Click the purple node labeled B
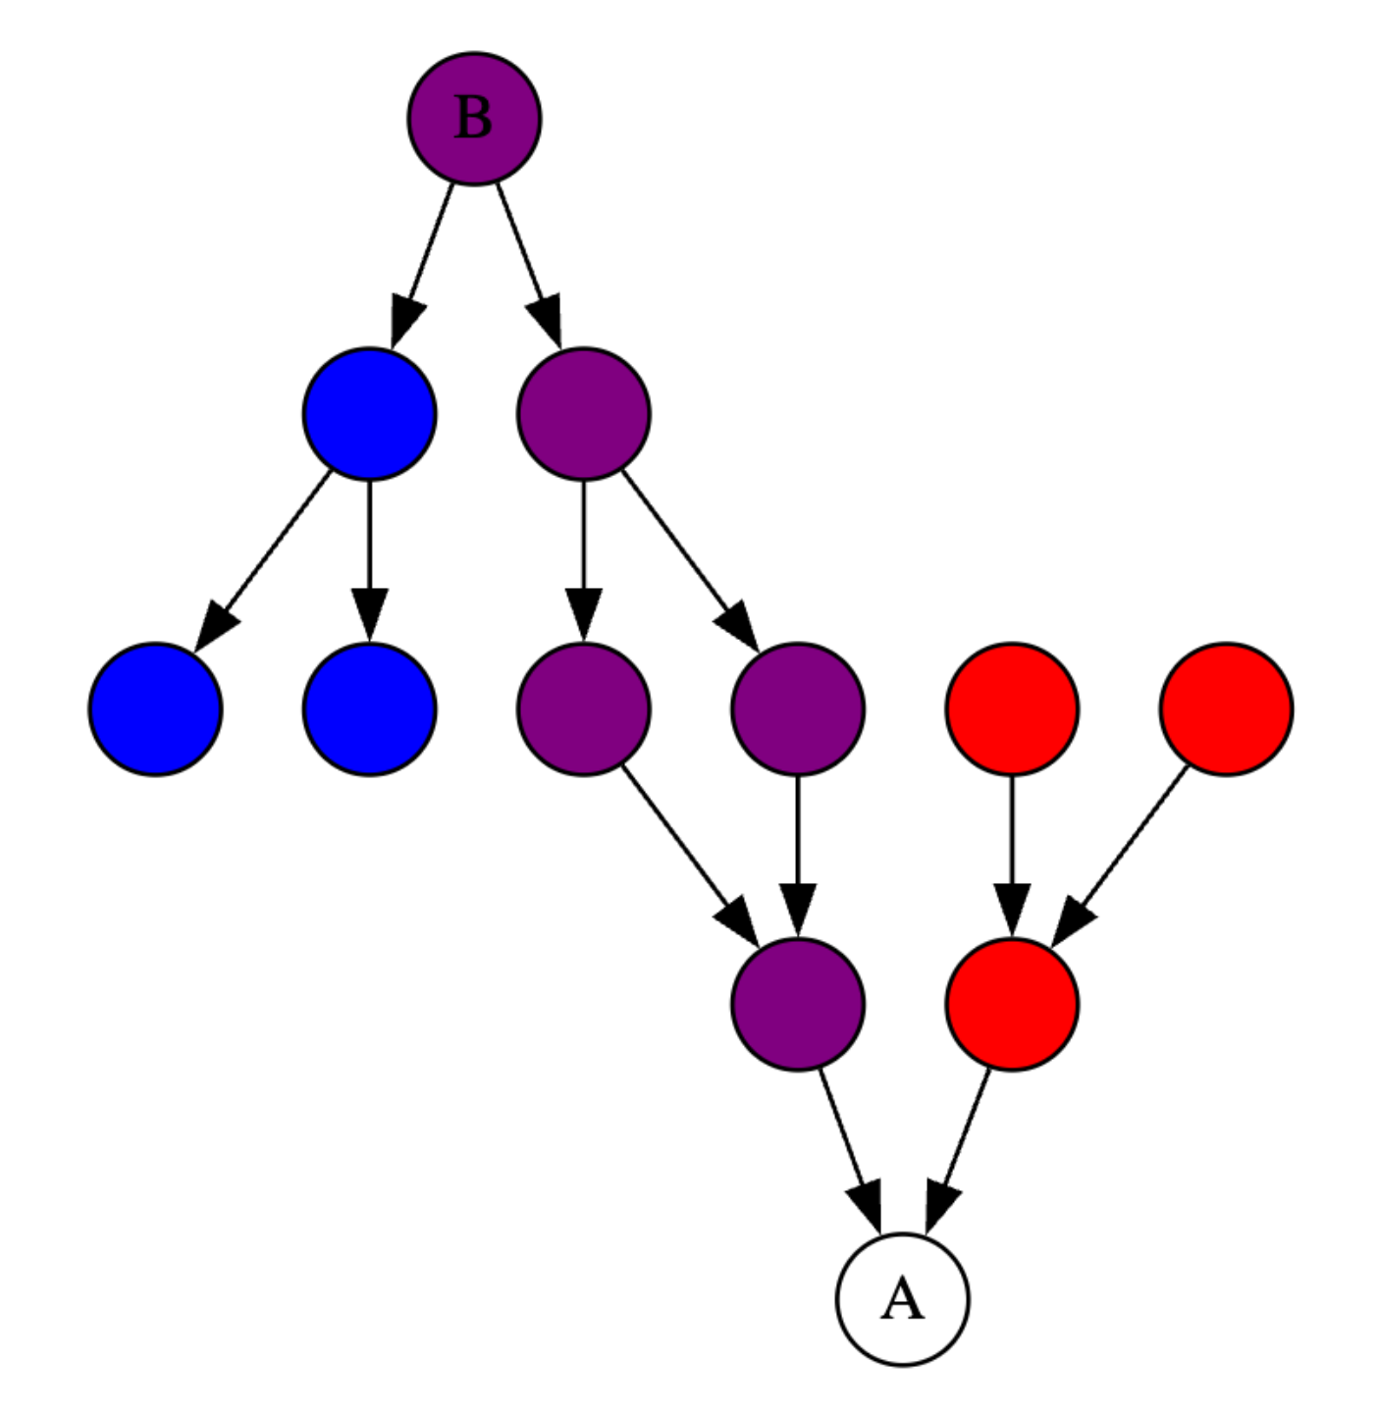(474, 119)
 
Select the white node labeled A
(902, 1299)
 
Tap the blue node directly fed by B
(369, 414)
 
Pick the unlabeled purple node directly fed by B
(583, 414)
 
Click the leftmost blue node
(155, 708)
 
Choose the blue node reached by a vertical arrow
(369, 708)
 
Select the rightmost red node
(1226, 708)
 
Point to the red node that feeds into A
(1012, 1004)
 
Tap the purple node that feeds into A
(797, 1004)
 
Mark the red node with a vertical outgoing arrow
(1012, 708)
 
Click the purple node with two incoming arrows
(797, 1004)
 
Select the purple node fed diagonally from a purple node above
(797, 708)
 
